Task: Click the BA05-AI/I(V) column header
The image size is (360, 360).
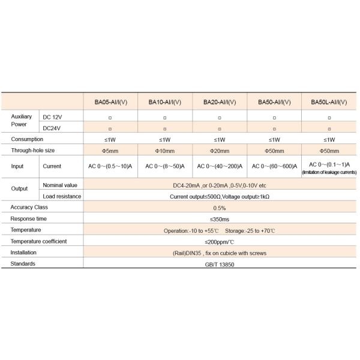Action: tap(110, 102)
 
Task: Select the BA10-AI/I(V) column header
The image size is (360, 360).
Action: tap(165, 102)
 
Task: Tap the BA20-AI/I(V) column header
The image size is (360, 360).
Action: tap(220, 102)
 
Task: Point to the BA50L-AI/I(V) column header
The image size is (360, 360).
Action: tap(329, 102)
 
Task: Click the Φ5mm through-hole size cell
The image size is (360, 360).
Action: tap(110, 150)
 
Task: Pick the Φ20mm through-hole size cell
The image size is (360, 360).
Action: tap(220, 150)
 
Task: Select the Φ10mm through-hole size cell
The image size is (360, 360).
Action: tap(165, 150)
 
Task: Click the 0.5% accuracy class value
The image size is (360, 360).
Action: tap(220, 208)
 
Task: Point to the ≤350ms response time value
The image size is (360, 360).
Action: tap(220, 219)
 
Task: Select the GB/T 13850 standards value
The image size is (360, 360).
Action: tap(220, 264)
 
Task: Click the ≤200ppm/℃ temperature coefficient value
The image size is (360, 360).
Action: tap(220, 241)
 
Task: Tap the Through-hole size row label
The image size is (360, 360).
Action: tap(33, 150)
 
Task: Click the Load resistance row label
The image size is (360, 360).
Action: tap(61, 196)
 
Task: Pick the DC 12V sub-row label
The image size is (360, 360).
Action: tap(53, 116)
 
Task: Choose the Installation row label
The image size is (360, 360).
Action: tap(24, 253)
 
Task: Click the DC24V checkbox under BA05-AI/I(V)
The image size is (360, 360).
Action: tap(110, 128)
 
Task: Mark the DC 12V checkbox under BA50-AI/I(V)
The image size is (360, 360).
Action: tap(275, 117)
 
